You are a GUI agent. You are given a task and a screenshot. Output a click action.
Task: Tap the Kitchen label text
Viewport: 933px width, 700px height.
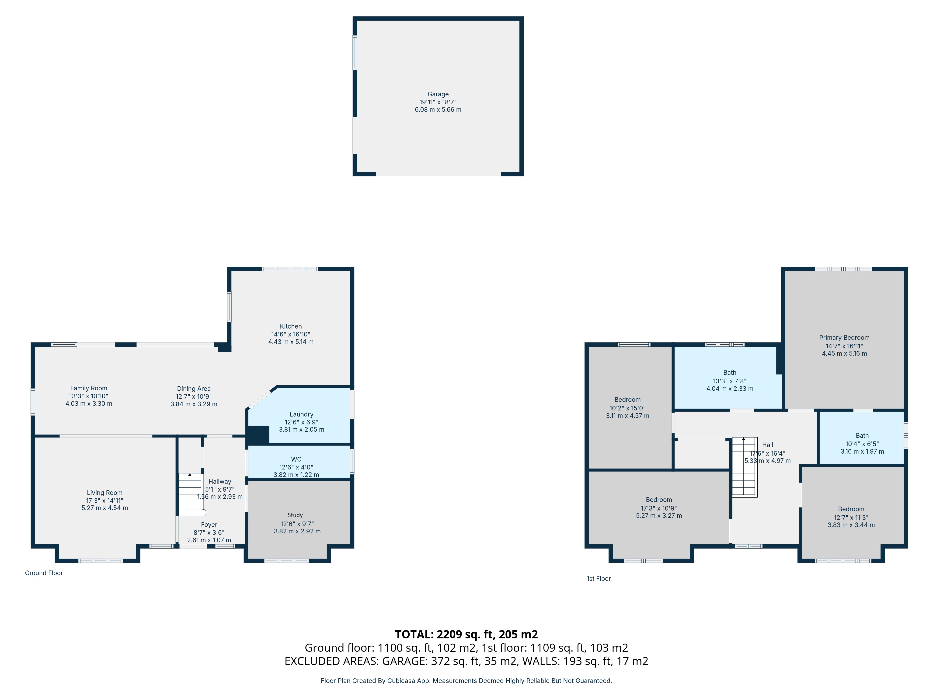pos(291,326)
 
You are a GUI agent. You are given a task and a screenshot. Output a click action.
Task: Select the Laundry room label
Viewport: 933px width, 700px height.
pos(301,414)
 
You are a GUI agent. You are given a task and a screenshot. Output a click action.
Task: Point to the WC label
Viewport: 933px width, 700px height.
pos(296,459)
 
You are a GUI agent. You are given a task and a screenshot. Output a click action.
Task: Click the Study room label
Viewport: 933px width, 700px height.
pos(295,515)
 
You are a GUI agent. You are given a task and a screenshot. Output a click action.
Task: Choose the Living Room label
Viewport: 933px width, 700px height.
pos(104,493)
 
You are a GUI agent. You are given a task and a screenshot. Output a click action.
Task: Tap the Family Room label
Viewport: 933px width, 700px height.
pos(89,388)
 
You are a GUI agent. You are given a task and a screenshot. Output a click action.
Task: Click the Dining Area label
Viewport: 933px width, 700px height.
pos(194,388)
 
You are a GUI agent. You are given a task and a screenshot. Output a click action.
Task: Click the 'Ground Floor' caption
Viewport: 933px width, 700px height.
pos(44,573)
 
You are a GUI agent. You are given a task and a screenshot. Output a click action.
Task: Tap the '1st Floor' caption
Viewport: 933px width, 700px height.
pos(599,578)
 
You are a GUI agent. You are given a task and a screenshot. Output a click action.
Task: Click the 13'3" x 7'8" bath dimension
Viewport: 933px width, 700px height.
pos(730,381)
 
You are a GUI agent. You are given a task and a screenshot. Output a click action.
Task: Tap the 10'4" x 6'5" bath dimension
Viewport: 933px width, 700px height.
pos(862,444)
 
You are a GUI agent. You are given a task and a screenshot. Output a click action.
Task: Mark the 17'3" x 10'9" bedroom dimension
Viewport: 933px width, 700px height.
pos(659,508)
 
